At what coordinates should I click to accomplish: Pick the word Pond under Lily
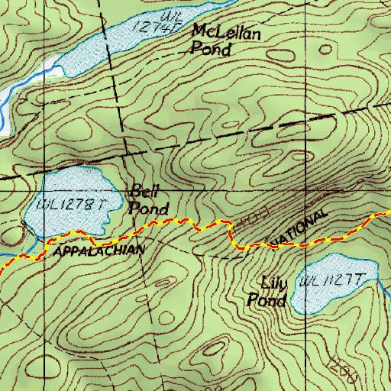point(266,301)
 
